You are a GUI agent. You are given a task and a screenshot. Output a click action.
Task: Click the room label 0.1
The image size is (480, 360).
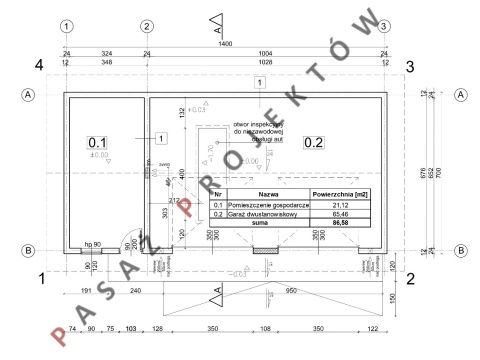98,142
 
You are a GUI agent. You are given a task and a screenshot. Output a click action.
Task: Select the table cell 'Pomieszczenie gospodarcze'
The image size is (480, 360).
267,205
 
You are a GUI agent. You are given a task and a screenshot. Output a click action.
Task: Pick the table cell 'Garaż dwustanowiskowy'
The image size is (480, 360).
267,215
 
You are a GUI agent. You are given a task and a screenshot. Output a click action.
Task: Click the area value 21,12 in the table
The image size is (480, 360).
335,205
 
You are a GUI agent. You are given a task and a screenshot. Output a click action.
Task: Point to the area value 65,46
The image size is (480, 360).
335,215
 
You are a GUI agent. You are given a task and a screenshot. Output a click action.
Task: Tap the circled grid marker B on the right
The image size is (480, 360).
461,251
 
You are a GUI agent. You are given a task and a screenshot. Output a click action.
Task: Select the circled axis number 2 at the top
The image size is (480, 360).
146,26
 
